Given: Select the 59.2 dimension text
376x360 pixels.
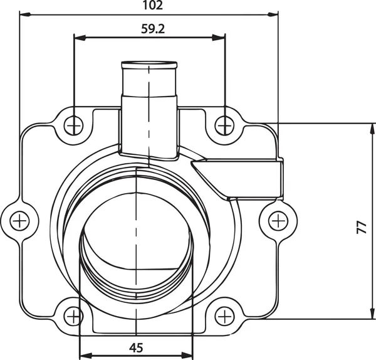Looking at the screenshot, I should pyautogui.click(x=149, y=29).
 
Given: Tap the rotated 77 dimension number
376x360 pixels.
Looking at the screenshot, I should pyautogui.click(x=362, y=227).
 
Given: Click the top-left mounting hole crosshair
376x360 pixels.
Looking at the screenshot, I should pyautogui.click(x=74, y=125).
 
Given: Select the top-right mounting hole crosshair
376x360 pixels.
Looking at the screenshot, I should pyautogui.click(x=224, y=125).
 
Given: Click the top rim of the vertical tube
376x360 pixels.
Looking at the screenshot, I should pyautogui.click(x=149, y=64).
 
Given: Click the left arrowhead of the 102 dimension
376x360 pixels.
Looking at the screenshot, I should pyautogui.click(x=24, y=14).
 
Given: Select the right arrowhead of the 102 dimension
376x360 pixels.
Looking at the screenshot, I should pyautogui.click(x=273, y=14).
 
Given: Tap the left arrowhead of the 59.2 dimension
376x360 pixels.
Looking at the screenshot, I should pyautogui.click(x=78, y=38).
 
